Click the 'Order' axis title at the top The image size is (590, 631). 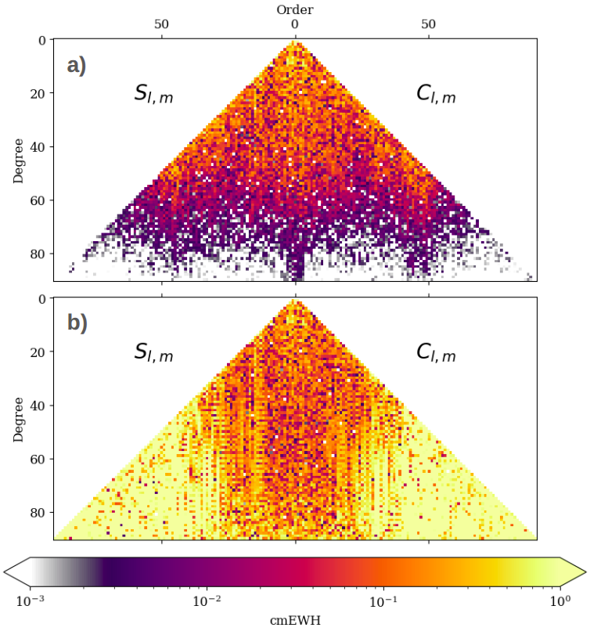tap(295, 9)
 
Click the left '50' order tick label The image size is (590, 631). tap(161, 24)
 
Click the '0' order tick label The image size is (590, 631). tap(295, 24)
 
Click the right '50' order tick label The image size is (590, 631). tap(429, 24)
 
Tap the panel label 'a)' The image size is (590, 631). tap(77, 65)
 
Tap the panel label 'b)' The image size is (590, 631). tap(77, 323)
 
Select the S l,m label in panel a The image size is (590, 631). tap(153, 94)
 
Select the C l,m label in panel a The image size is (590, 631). tap(436, 94)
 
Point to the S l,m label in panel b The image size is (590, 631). tap(153, 352)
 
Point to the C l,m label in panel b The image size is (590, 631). tap(436, 352)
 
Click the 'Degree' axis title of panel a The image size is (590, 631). tap(19, 161)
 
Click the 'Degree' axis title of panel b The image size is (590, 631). tap(19, 420)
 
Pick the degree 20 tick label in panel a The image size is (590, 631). tap(38, 94)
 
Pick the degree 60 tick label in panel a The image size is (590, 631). tap(38, 201)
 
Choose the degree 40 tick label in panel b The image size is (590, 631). tap(38, 406)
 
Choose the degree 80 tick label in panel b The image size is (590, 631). tap(38, 513)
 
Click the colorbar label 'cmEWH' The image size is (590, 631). tap(295, 621)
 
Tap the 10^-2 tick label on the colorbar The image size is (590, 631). tap(207, 601)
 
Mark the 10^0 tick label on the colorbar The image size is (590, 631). tap(559, 601)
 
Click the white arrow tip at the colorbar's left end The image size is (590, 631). tap(4, 572)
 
